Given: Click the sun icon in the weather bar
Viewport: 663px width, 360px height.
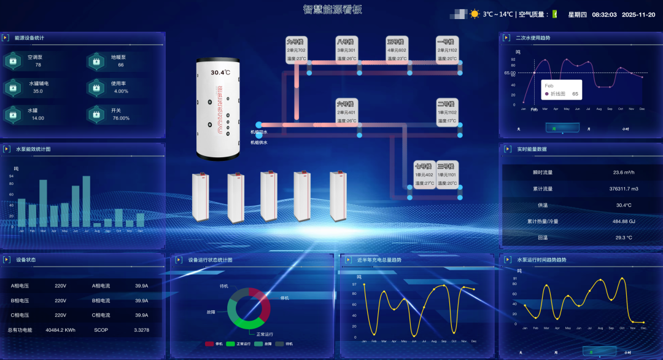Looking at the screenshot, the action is click(475, 14).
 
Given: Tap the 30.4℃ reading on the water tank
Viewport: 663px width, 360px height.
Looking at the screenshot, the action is click(220, 72).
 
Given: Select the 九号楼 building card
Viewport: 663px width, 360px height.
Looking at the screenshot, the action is click(296, 50).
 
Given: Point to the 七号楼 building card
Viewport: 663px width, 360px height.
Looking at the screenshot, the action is click(424, 174).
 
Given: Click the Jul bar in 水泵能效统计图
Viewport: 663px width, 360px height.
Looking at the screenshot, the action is click(87, 201).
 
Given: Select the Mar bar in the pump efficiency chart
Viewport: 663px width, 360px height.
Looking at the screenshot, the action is click(44, 203).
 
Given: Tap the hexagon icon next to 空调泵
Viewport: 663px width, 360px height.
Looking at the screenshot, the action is click(12, 61).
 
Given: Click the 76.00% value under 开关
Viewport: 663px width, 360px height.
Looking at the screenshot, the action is click(121, 118).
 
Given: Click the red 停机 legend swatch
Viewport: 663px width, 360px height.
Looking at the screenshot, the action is click(209, 344).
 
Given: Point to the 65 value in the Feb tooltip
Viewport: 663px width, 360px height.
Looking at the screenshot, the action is click(575, 94).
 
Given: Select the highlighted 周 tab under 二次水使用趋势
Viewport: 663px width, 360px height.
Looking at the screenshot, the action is click(554, 129).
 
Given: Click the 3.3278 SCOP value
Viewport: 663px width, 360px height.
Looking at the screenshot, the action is click(141, 330).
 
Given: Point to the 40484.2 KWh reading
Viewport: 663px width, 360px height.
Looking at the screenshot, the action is click(60, 330).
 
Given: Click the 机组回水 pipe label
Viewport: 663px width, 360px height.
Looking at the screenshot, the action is click(258, 132).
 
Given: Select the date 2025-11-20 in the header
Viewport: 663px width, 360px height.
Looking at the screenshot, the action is click(638, 15).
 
